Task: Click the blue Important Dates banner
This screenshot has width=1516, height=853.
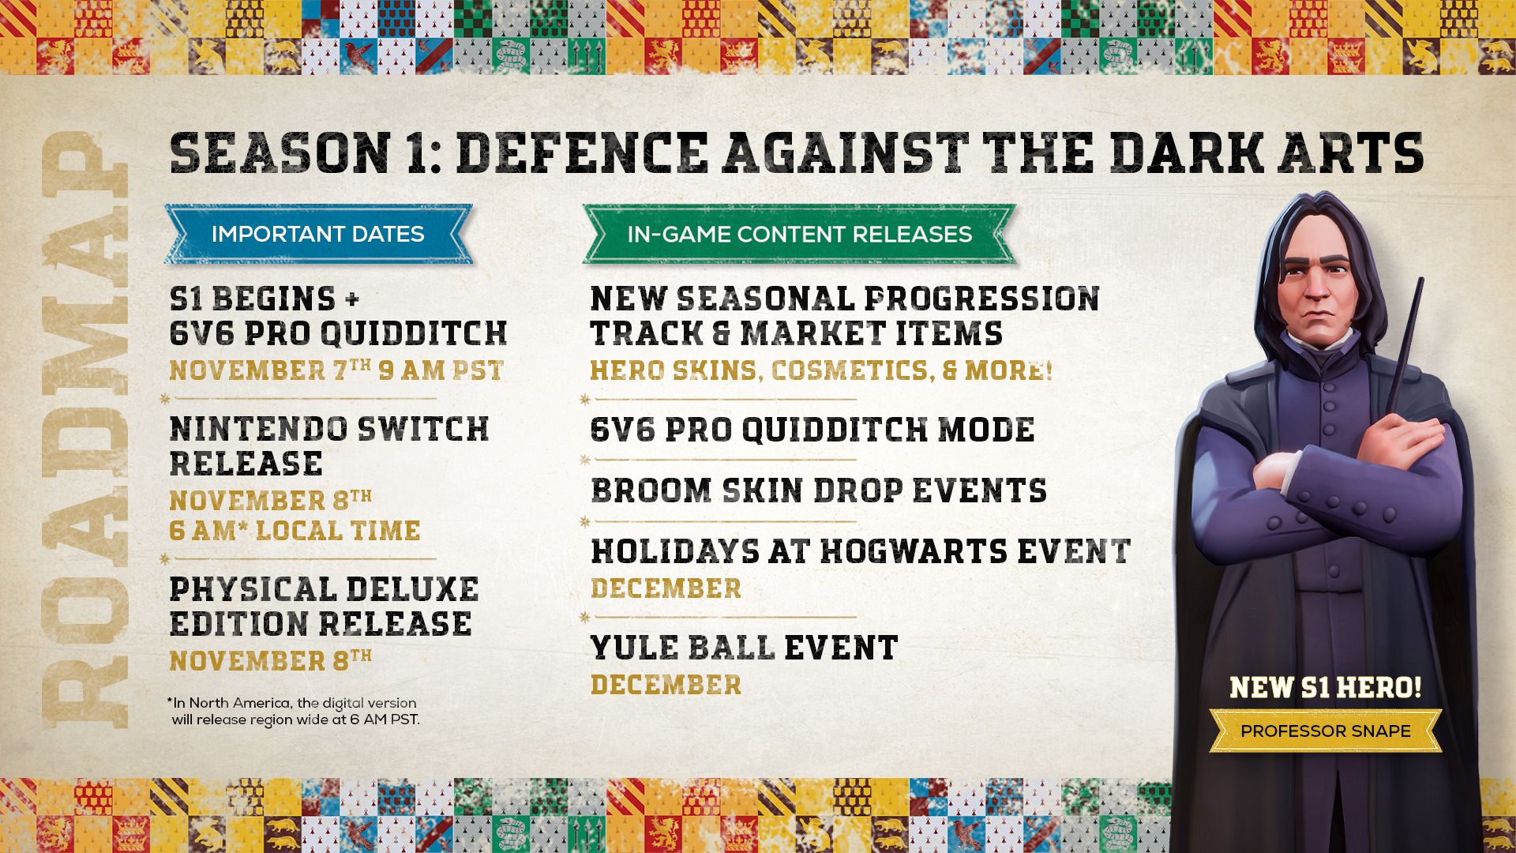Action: tap(317, 234)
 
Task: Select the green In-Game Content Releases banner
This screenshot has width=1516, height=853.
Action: tap(798, 234)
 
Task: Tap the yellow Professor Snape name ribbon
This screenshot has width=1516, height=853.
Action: tap(1325, 731)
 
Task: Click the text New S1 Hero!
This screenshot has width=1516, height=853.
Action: tap(1325, 687)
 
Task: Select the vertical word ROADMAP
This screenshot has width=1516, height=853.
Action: tap(85, 430)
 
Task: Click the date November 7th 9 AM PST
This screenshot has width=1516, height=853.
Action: tap(336, 370)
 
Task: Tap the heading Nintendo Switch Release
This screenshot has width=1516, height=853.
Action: tap(328, 446)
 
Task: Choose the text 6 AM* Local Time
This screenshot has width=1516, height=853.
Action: tap(295, 531)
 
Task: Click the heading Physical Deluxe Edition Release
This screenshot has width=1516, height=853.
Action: tap(324, 607)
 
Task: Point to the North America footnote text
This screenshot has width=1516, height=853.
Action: tap(293, 711)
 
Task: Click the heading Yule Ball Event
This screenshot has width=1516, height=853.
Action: tap(744, 648)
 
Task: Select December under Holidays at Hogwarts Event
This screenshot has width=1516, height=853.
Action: tap(666, 588)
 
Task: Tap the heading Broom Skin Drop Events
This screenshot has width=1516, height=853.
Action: tap(818, 490)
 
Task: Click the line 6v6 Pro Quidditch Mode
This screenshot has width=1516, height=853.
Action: tap(812, 430)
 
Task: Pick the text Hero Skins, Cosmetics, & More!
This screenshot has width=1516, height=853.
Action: tap(821, 370)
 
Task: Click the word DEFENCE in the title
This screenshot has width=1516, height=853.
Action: tap(582, 153)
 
